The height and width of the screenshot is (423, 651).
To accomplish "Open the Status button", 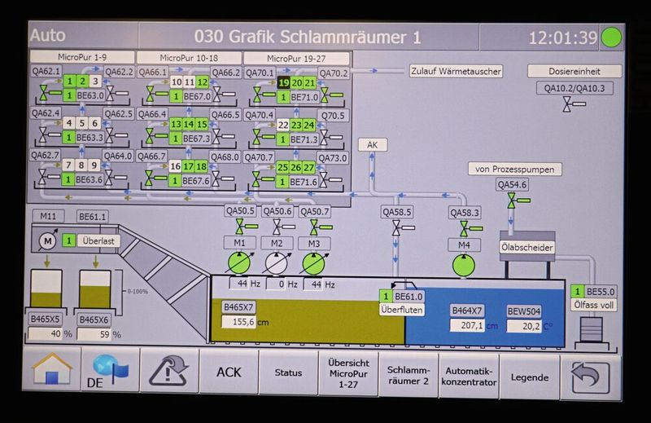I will (x=288, y=373).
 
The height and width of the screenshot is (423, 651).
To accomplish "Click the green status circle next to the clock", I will (x=610, y=37).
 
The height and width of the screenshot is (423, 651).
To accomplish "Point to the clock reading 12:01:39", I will (x=562, y=37).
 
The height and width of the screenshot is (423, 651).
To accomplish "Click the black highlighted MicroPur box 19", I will (x=283, y=82).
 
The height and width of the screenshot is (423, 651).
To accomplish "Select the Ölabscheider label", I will (x=526, y=247).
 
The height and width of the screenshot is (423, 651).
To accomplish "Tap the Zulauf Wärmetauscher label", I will (x=456, y=71).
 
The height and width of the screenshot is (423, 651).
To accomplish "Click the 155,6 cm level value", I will (x=243, y=322).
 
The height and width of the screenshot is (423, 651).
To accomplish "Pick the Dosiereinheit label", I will (x=574, y=71).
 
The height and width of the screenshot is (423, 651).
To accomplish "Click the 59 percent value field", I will (x=93, y=333).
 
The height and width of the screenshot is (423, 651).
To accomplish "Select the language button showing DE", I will (x=109, y=372).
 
